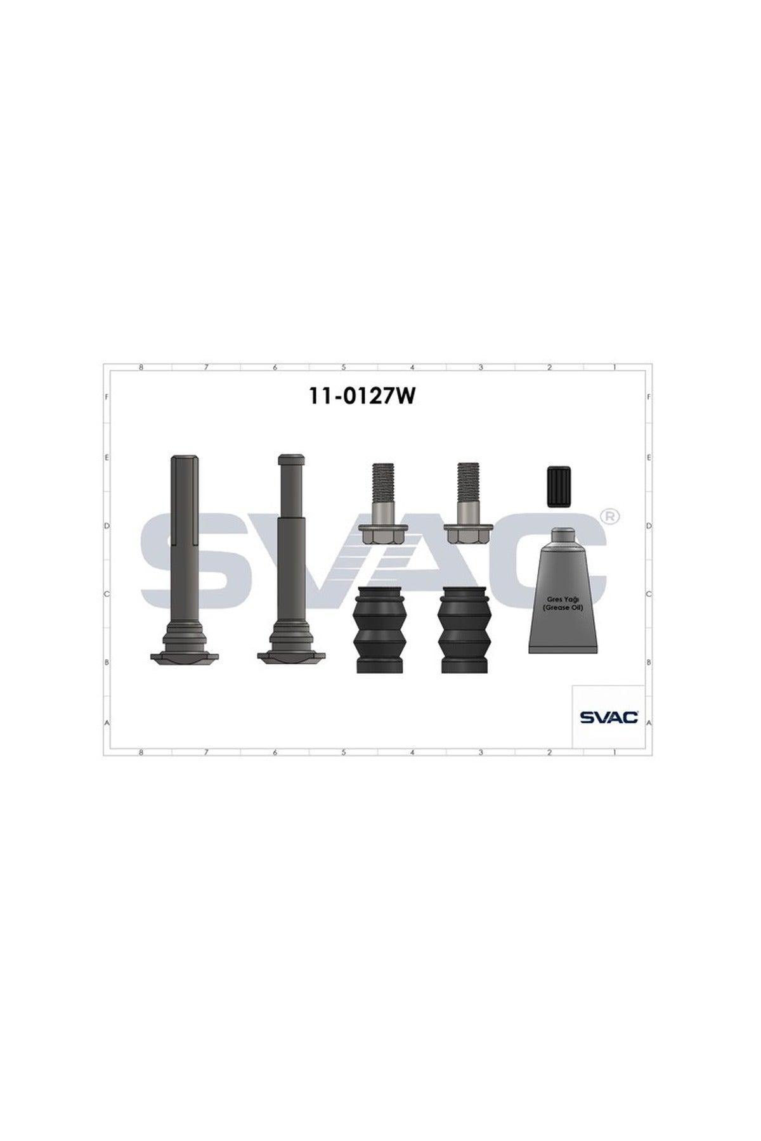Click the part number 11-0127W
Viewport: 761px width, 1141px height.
pos(362,396)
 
